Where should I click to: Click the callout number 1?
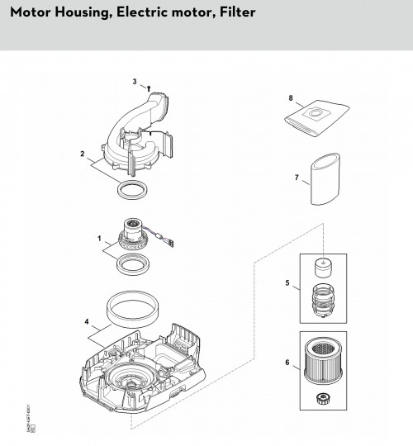pos(102,240)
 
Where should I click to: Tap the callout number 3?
pos(134,82)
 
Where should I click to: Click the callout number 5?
pos(287,284)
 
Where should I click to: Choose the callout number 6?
pos(287,362)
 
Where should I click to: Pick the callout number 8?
pos(291,98)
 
